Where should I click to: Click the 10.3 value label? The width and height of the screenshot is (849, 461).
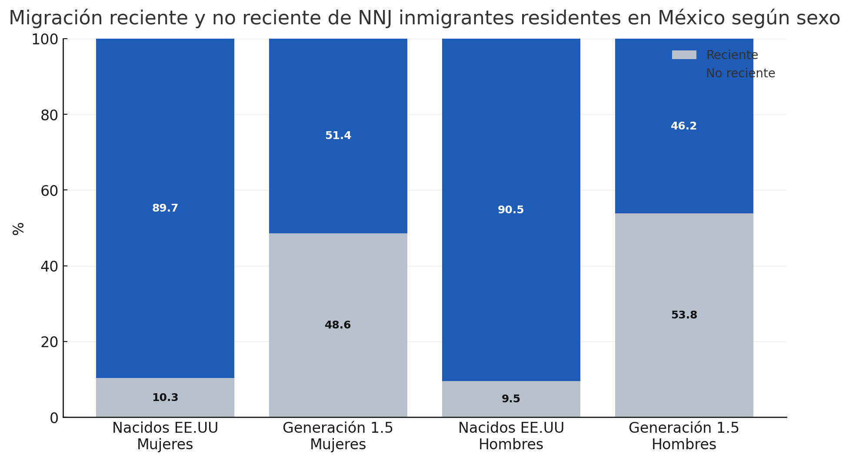(x=165, y=398)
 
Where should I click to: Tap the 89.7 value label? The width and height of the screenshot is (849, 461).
(x=165, y=208)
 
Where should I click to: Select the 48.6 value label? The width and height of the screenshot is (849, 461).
(x=338, y=325)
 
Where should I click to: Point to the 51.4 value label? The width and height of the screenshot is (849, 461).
(x=338, y=136)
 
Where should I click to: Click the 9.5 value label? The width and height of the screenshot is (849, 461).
(x=511, y=399)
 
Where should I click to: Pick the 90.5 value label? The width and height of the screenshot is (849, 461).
(x=511, y=210)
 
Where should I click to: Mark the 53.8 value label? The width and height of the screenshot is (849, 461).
(x=684, y=315)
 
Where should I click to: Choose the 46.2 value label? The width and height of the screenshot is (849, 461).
(x=684, y=126)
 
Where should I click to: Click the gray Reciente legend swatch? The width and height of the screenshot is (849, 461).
(x=684, y=55)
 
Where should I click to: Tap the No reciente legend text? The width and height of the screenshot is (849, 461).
(x=740, y=73)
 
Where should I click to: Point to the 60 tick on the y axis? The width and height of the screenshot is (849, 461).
(x=49, y=190)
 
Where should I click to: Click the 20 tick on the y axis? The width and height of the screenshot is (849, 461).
(x=49, y=342)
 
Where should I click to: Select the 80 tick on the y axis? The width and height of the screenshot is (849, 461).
(x=49, y=115)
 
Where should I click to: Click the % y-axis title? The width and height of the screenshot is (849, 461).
(x=18, y=229)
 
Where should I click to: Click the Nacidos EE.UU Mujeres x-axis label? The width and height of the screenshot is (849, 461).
(x=165, y=436)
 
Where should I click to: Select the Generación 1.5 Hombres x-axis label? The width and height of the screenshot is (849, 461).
(x=684, y=436)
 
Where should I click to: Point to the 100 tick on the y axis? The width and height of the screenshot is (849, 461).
(x=45, y=39)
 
